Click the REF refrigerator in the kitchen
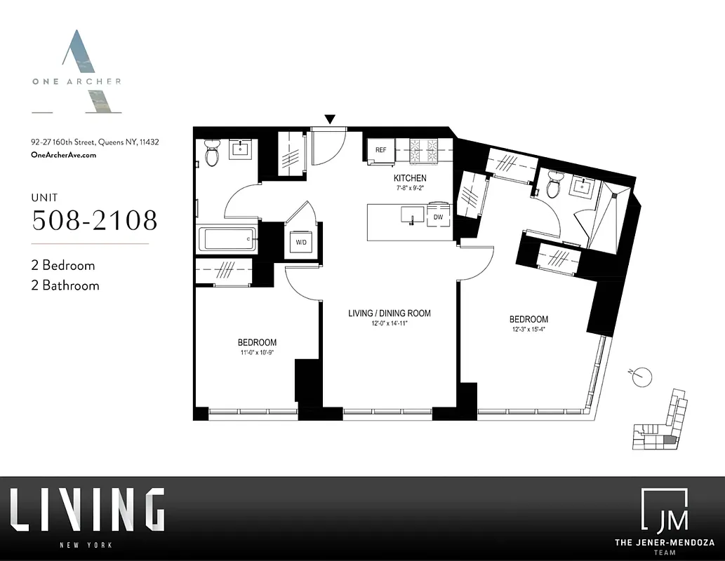tap(380, 150)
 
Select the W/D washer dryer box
tap(300, 243)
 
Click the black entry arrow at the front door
tap(329, 119)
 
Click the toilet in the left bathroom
tap(211, 152)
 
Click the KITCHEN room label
tap(410, 178)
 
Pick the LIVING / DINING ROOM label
tap(390, 313)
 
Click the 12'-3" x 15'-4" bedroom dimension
tap(528, 330)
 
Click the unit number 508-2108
tap(95, 220)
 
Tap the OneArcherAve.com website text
tap(64, 154)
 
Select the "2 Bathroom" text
tap(66, 285)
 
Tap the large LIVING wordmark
tap(87, 510)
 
